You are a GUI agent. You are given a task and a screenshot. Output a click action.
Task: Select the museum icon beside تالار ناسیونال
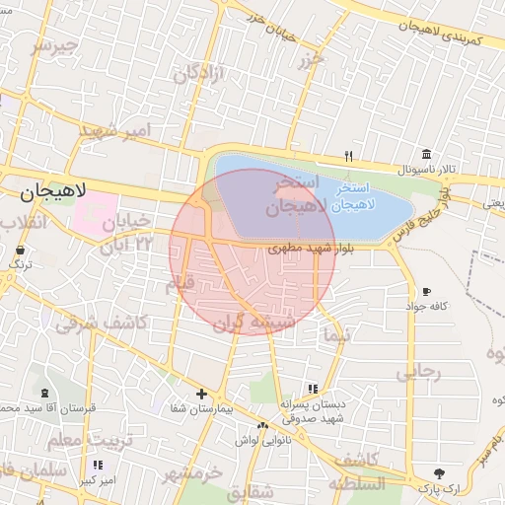(425, 154)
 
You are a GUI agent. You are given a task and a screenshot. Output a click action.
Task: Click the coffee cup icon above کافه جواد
(426, 292)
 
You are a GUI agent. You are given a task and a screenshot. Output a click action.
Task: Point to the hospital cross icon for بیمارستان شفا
(201, 394)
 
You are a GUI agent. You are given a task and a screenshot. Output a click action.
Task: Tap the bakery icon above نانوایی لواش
(262, 426)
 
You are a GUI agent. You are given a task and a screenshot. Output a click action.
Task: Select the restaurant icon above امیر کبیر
(97, 465)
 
